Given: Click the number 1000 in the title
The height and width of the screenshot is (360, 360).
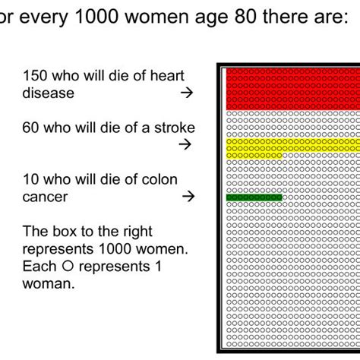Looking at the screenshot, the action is click(96, 17).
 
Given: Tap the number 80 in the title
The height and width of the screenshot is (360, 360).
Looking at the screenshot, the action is click(245, 17).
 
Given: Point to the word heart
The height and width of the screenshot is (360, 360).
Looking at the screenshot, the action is click(167, 75).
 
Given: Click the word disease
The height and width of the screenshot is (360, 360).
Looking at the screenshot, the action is click(49, 93).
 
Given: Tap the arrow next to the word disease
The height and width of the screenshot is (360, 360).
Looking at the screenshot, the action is click(187, 93).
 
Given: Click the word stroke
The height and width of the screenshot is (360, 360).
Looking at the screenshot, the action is click(175, 128).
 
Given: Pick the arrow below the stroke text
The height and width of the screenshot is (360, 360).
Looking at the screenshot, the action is click(185, 144).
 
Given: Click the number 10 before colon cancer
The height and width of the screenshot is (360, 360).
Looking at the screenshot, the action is click(30, 179).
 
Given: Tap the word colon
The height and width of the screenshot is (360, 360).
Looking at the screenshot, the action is click(159, 179).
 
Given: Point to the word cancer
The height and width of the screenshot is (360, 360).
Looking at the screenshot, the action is click(45, 197).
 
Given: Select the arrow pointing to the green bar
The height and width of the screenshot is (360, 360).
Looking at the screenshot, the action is click(188, 196).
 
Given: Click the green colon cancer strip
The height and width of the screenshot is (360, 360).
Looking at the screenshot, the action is click(254, 197).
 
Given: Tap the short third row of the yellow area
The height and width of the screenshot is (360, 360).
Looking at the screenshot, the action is click(254, 156).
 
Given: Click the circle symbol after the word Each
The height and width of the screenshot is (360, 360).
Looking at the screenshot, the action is click(68, 267).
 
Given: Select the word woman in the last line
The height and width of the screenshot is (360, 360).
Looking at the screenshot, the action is click(49, 283).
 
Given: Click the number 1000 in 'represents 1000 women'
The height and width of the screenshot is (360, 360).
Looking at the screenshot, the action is click(115, 249).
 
